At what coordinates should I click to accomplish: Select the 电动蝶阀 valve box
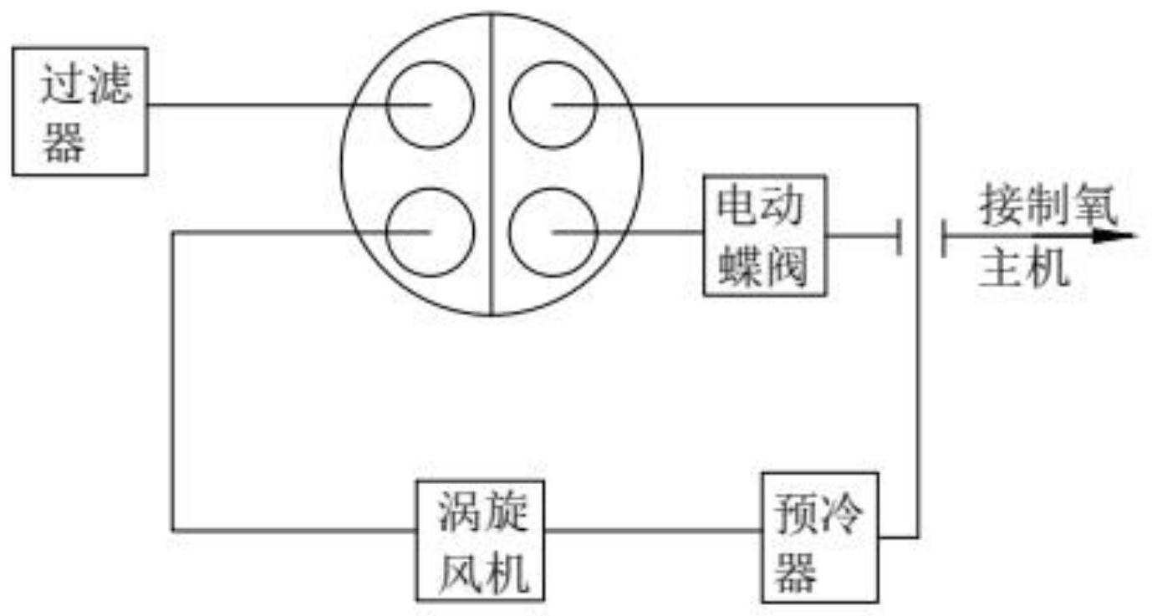click(764, 235)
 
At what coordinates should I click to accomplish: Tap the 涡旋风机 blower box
click(481, 540)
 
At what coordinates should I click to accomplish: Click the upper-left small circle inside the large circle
click(431, 104)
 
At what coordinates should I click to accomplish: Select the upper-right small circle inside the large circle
click(553, 104)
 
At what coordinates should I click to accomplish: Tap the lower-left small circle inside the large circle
click(431, 232)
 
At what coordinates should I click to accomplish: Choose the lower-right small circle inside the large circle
click(553, 232)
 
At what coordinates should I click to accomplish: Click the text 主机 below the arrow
click(1024, 269)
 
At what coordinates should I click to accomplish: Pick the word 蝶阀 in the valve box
click(764, 267)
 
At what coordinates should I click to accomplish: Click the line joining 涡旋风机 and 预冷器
click(652, 530)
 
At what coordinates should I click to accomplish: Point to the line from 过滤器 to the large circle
click(251, 105)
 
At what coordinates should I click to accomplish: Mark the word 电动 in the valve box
click(764, 205)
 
